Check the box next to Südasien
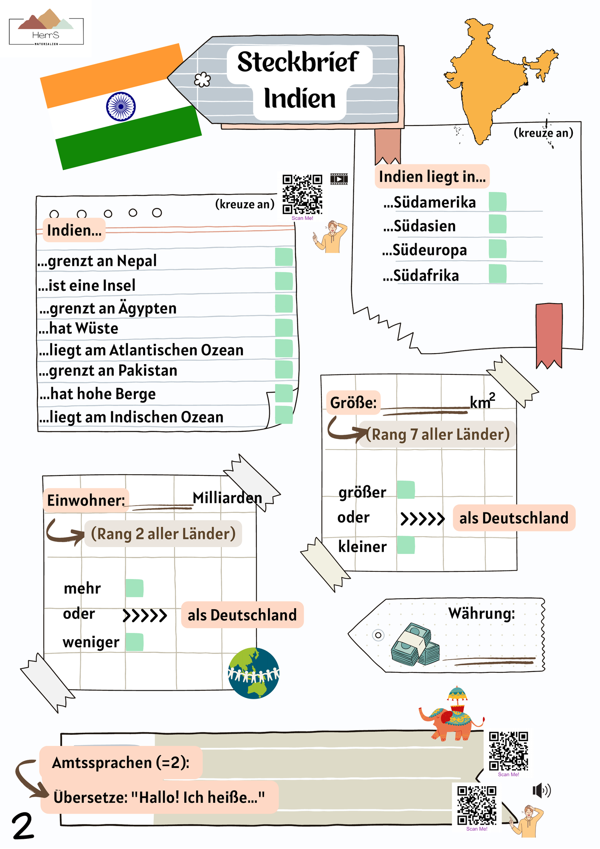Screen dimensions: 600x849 (x=497, y=224)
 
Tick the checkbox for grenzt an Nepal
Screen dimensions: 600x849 (x=284, y=257)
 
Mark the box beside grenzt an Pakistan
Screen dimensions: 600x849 (x=284, y=369)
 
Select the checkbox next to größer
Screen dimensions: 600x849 (x=406, y=490)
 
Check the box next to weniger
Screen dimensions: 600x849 (x=134, y=642)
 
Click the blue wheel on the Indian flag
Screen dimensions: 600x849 (x=121, y=107)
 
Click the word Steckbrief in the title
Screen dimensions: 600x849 (x=298, y=62)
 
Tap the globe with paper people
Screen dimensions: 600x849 (x=254, y=673)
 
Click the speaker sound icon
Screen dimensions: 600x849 (x=541, y=790)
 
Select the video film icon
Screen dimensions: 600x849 (x=339, y=179)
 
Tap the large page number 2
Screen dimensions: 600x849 (x=23, y=826)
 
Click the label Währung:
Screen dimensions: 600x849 (x=482, y=613)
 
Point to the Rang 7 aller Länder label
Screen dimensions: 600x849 (x=438, y=434)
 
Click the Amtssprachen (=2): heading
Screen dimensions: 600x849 (x=121, y=763)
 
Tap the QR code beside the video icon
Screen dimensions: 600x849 (x=303, y=194)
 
